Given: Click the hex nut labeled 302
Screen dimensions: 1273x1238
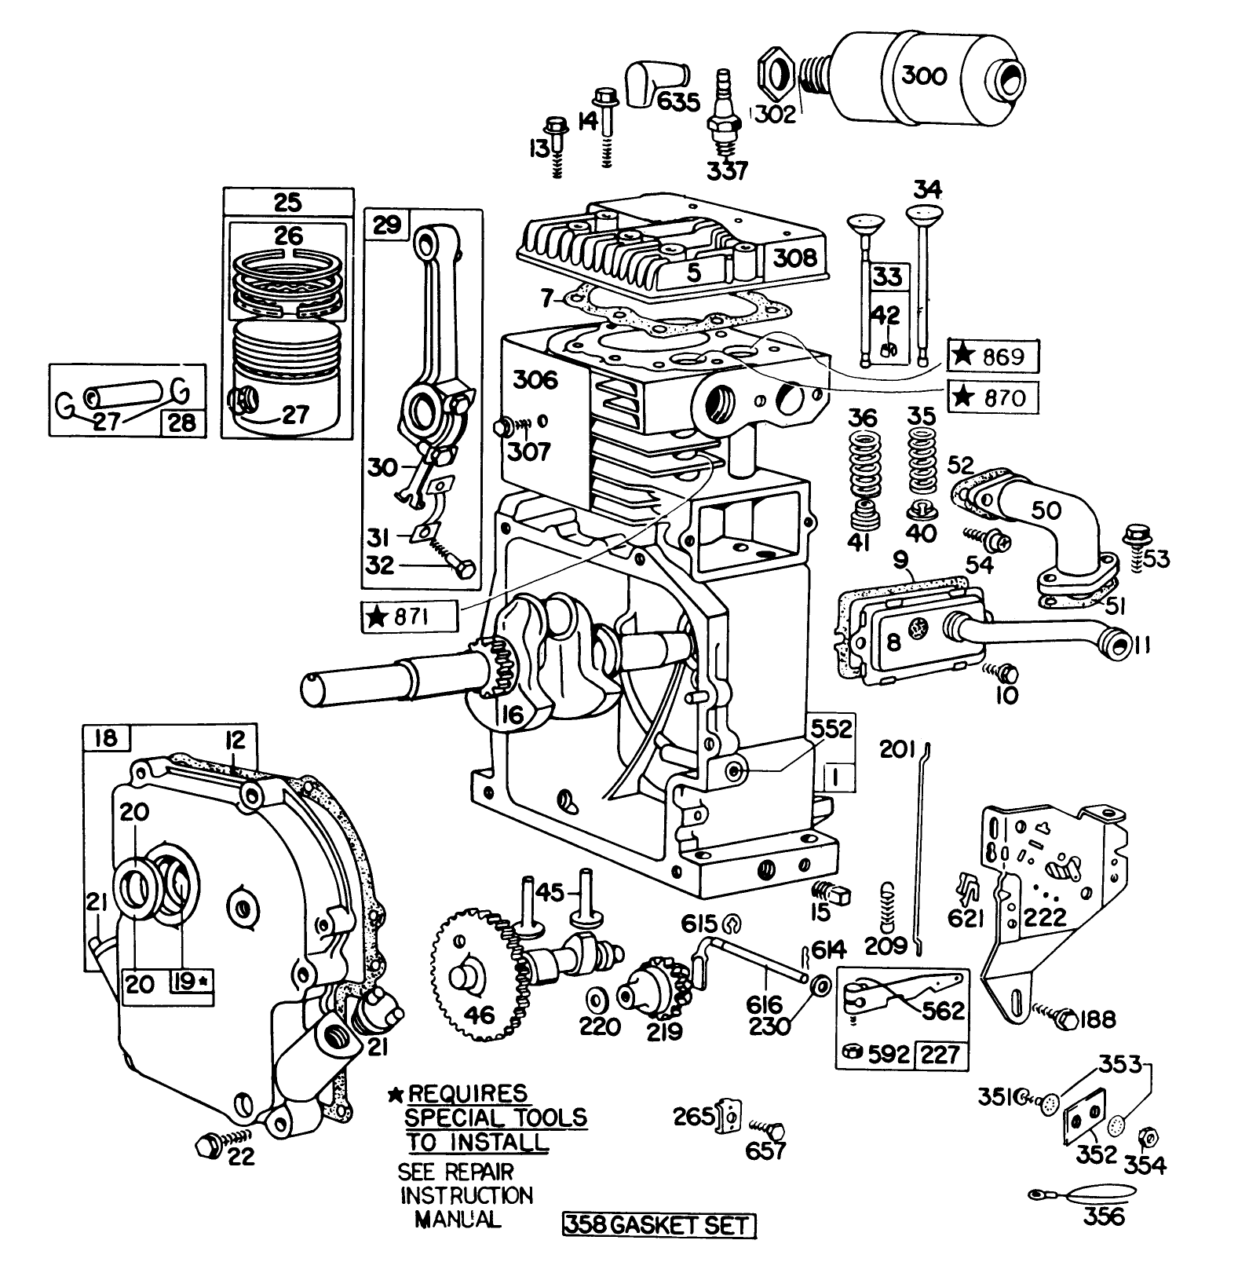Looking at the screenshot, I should tap(775, 78).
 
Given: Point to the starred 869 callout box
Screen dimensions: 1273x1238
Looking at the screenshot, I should tap(993, 357).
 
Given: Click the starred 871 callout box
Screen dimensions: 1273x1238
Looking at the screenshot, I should tap(408, 617).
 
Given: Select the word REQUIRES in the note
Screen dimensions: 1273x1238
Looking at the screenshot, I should tap(468, 1094).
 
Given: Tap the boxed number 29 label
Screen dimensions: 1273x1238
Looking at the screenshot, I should tap(386, 225).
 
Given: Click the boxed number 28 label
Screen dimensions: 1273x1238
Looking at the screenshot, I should tap(183, 423).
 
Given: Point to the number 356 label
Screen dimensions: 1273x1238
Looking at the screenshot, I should tap(1102, 1216).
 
